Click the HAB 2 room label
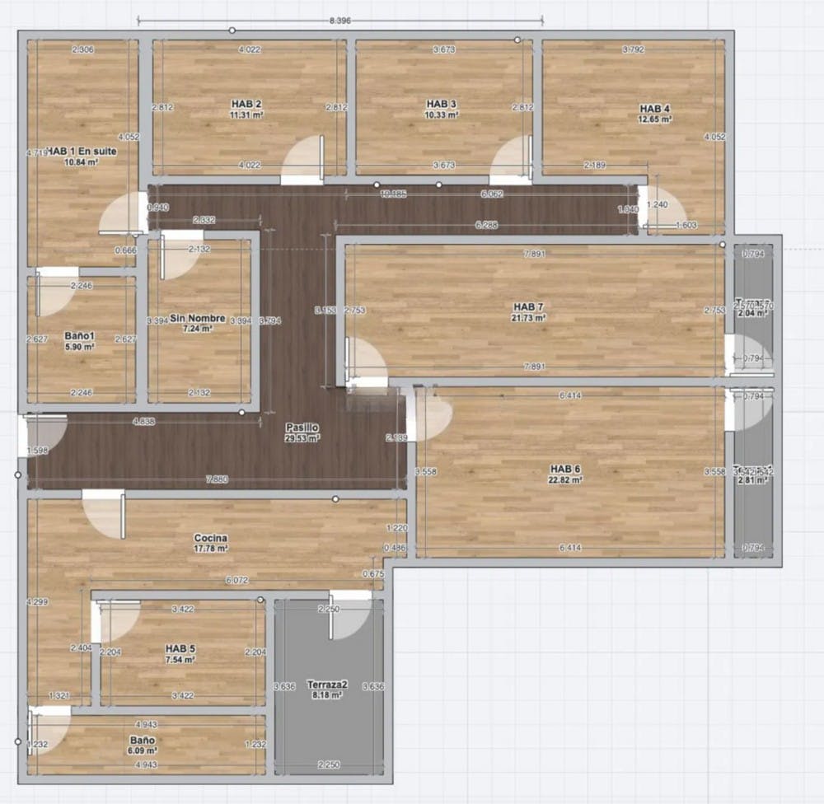pyautogui.click(x=246, y=104)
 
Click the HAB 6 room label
pyautogui.click(x=566, y=469)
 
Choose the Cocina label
pyautogui.click(x=211, y=538)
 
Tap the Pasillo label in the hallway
pyautogui.click(x=298, y=428)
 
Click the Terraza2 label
pyautogui.click(x=327, y=685)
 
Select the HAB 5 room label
pyautogui.click(x=180, y=649)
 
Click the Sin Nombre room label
pyautogui.click(x=192, y=318)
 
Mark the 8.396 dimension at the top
pyautogui.click(x=340, y=21)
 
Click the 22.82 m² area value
pyautogui.click(x=566, y=479)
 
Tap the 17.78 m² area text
pyautogui.click(x=212, y=548)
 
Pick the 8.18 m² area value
pyautogui.click(x=327, y=695)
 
